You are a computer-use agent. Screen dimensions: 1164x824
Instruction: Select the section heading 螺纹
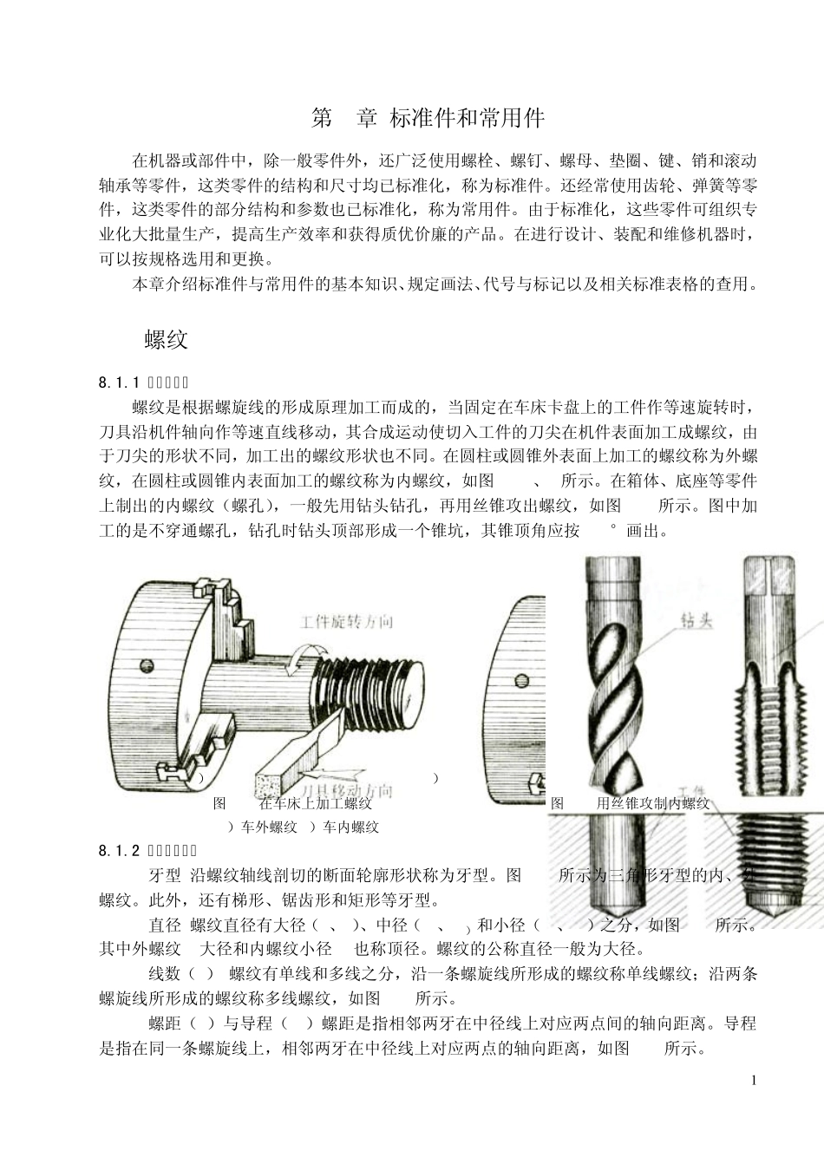[x=166, y=340]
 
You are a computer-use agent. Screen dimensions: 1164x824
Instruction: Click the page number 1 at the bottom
[x=754, y=1080]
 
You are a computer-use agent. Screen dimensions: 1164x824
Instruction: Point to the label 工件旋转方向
[x=346, y=621]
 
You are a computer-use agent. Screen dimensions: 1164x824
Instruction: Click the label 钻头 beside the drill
[x=696, y=621]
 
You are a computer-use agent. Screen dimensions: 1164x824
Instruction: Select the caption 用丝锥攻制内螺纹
[x=653, y=803]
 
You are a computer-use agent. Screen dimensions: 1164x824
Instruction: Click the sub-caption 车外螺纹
[x=269, y=827]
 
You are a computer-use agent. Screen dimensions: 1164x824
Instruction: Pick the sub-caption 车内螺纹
[x=350, y=827]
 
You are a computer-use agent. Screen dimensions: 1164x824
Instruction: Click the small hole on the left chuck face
[x=146, y=665]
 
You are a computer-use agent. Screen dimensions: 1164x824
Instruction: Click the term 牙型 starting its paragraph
[x=165, y=875]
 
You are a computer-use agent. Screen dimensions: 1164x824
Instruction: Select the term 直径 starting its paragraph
[x=165, y=925]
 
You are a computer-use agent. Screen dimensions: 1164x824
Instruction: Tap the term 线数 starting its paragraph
[x=165, y=974]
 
